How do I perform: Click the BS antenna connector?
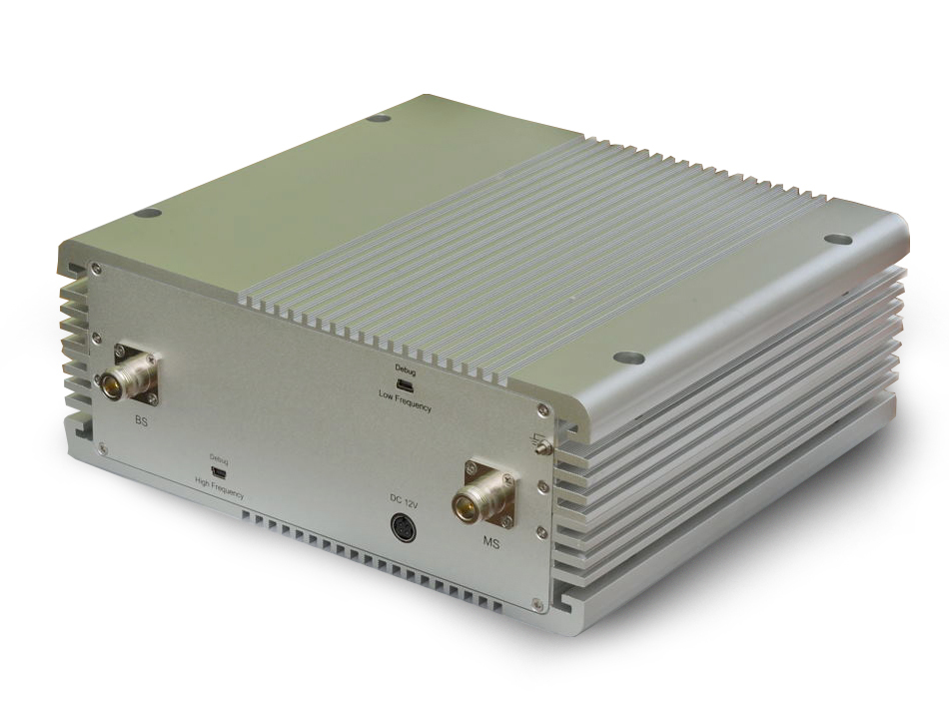coord(128,375)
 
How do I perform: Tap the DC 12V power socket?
coord(402,526)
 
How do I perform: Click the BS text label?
coord(141,421)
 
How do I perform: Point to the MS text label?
coord(490,543)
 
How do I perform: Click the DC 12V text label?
coord(405,501)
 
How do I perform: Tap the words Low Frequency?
coord(405,400)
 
